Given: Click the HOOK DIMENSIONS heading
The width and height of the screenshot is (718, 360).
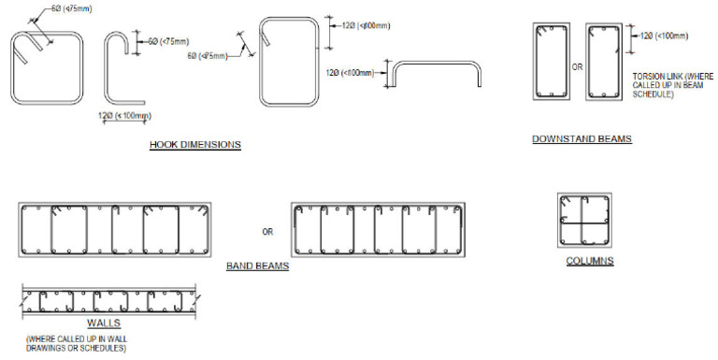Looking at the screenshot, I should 195,145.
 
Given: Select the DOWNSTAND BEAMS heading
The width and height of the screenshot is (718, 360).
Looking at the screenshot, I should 582,139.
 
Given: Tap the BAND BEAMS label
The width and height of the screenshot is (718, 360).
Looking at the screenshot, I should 257,266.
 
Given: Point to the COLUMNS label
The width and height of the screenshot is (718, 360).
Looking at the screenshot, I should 590,261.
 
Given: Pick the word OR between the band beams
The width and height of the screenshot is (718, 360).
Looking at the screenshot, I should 267,231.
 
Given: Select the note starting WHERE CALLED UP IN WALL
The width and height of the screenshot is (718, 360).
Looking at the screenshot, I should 77,343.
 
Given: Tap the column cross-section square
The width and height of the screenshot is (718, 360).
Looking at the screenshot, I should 584,221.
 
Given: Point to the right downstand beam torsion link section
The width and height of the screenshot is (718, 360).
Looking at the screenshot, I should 604,63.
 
